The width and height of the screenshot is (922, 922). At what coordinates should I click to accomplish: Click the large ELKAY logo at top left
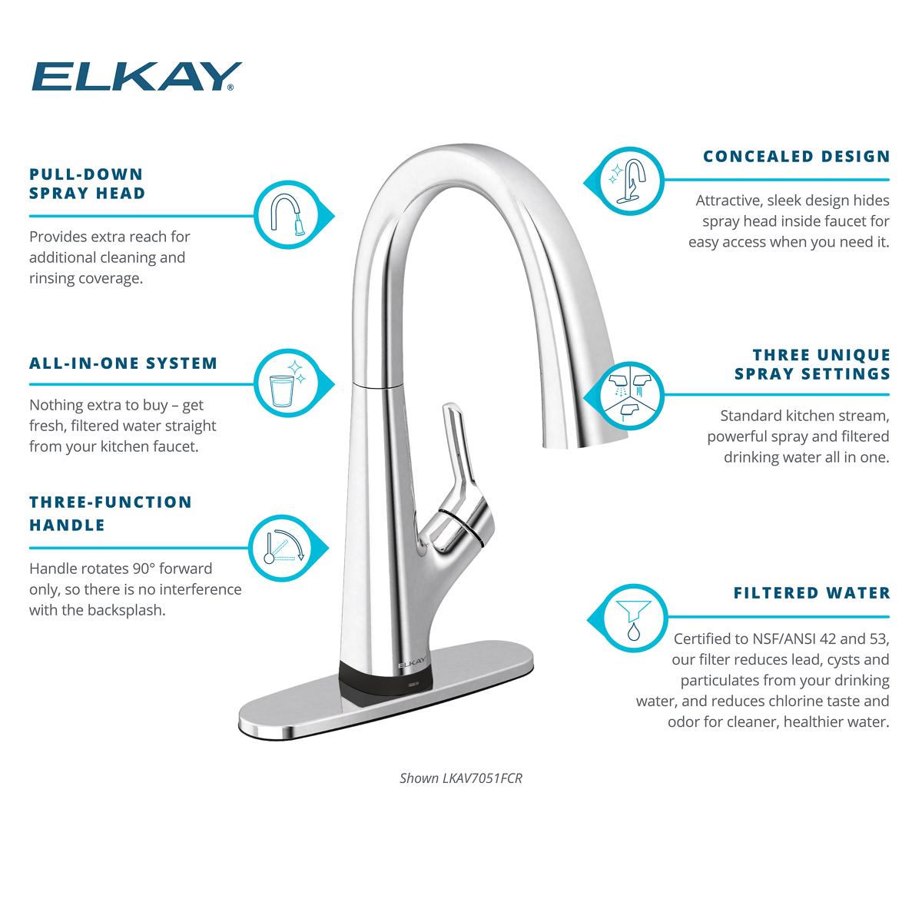click(x=135, y=77)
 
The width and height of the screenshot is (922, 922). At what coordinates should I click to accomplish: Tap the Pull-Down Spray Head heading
click(x=87, y=184)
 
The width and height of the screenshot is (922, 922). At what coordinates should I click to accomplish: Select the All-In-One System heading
click(x=123, y=363)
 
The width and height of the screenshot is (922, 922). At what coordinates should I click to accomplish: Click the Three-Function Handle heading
click(x=111, y=513)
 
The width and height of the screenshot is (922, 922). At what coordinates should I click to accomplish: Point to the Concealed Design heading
click(x=796, y=157)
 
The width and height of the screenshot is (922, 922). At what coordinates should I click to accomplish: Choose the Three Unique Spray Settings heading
click(x=812, y=364)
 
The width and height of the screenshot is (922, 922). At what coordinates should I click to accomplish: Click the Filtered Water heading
click(x=811, y=593)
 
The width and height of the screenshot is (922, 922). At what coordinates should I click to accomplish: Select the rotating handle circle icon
click(x=282, y=546)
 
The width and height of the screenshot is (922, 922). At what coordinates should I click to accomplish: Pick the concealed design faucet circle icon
click(x=629, y=181)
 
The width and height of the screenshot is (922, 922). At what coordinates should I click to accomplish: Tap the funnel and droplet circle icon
click(x=632, y=616)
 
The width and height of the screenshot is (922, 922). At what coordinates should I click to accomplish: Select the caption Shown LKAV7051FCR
click(x=461, y=778)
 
